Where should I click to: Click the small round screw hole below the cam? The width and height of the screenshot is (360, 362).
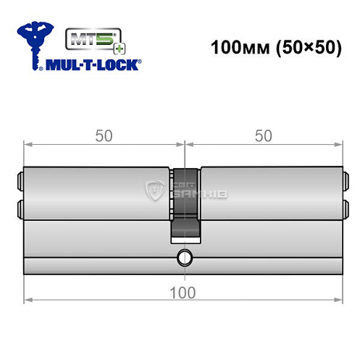pyautogui.click(x=185, y=256)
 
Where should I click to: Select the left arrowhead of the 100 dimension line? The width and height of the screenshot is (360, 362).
pyautogui.click(x=28, y=299)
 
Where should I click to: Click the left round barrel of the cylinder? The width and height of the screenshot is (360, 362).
pyautogui.click(x=98, y=192)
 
